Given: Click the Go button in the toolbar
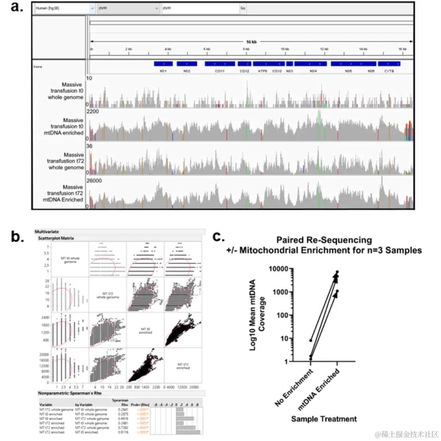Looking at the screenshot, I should click(x=243, y=8).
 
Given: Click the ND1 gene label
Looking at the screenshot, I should click(x=163, y=71).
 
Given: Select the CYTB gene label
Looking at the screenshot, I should click(x=389, y=71).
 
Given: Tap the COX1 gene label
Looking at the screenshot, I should click(x=220, y=71).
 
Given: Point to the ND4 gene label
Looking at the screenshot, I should click(x=313, y=71).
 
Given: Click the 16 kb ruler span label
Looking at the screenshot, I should click(x=251, y=41).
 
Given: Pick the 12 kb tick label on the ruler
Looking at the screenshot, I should click(x=324, y=49).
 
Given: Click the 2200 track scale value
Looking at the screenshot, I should click(x=93, y=112).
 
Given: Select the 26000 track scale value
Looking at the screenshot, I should click(x=94, y=181).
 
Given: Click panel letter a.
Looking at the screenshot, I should click(x=17, y=7).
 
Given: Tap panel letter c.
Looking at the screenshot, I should click(x=218, y=236).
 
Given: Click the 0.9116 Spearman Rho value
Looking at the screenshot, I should click(x=123, y=432).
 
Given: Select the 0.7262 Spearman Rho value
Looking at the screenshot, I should click(x=123, y=428).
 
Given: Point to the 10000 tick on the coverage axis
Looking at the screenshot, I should click(x=279, y=269).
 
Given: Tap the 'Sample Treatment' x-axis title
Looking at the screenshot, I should click(x=324, y=419).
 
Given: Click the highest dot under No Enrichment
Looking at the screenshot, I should click(x=311, y=340).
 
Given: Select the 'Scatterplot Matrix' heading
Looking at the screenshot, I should click(x=56, y=238).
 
